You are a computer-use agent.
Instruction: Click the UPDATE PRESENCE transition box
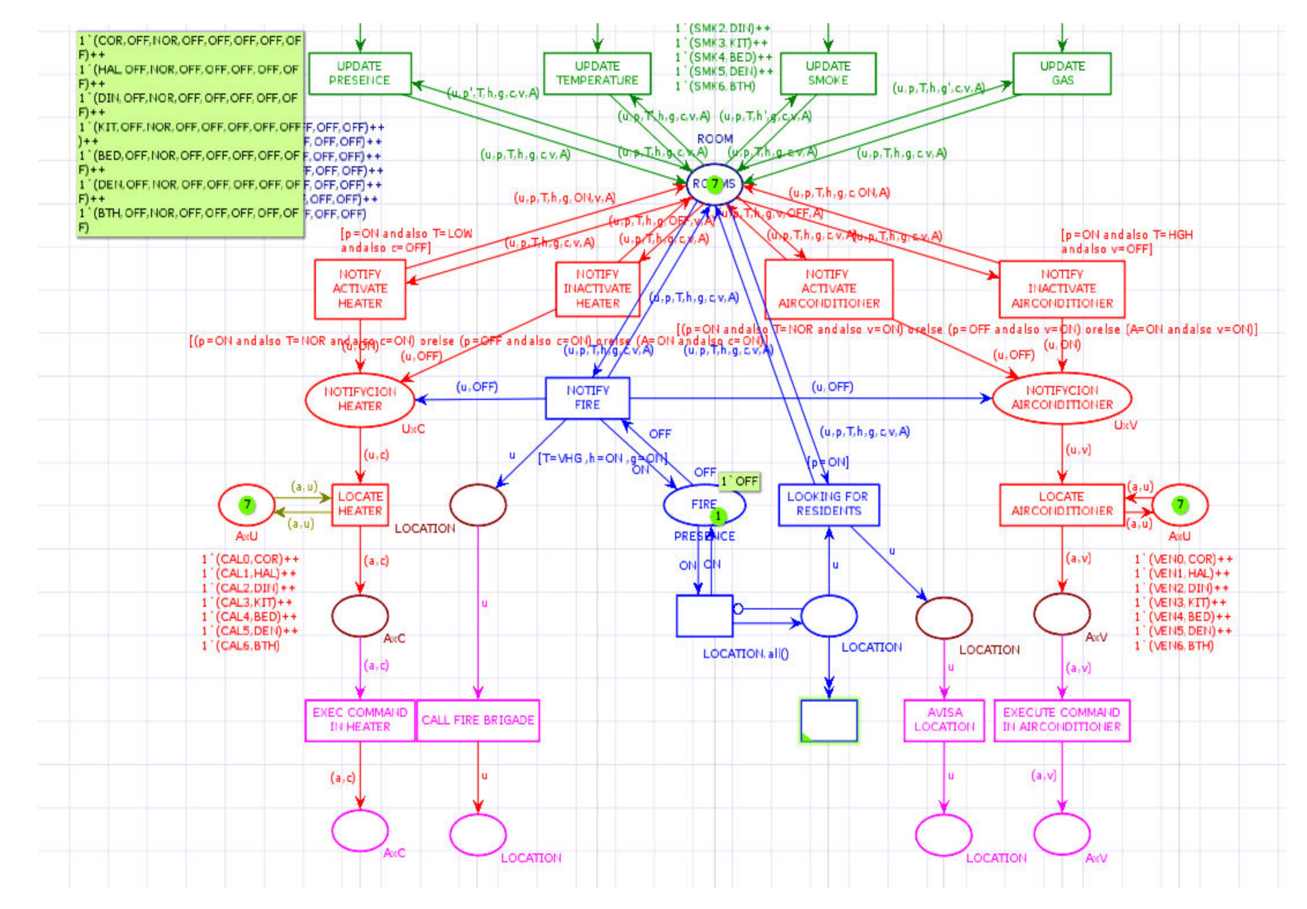359,74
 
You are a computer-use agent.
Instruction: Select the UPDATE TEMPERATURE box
596,74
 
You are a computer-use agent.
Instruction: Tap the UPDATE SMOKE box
827,74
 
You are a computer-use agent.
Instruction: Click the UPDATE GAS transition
1061,74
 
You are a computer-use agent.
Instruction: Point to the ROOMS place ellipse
715,184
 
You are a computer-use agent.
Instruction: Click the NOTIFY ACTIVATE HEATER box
360,289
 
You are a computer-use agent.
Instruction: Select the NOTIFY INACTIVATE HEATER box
597,289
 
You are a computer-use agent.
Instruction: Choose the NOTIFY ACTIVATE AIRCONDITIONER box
828,289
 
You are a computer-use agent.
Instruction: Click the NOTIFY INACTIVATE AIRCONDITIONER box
1061,289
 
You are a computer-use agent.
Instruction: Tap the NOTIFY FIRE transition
587,398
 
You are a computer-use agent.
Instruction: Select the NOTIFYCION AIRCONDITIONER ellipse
1061,398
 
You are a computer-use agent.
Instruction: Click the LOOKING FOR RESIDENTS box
828,504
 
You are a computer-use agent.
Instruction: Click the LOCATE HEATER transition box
360,504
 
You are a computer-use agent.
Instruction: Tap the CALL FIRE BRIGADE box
478,720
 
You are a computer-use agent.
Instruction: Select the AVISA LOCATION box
944,720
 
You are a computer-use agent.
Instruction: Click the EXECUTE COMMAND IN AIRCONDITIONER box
1061,720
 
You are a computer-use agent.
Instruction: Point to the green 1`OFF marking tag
739,482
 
